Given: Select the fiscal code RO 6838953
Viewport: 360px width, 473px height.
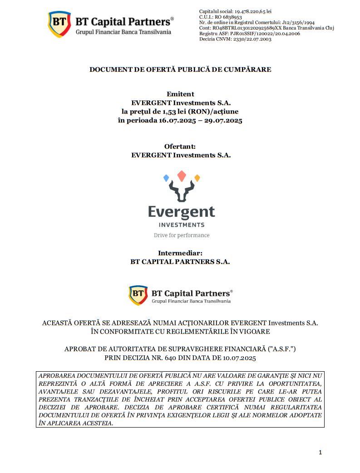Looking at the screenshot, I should point(229,16).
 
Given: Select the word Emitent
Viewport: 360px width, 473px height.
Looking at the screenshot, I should point(180,94).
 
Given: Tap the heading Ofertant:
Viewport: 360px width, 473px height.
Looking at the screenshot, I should point(180,146).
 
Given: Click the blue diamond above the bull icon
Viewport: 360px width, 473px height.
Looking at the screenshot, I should point(166,177).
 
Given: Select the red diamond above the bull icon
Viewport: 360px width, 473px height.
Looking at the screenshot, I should point(182,175).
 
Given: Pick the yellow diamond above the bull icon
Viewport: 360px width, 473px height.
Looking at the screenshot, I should point(197,178).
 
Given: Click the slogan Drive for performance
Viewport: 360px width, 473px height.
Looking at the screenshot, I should point(182,235).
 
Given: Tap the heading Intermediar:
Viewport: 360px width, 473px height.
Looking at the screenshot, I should point(180,253).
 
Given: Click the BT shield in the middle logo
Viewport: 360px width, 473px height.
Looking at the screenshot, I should point(138,295).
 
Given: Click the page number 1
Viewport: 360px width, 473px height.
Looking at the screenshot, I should point(320,452).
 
